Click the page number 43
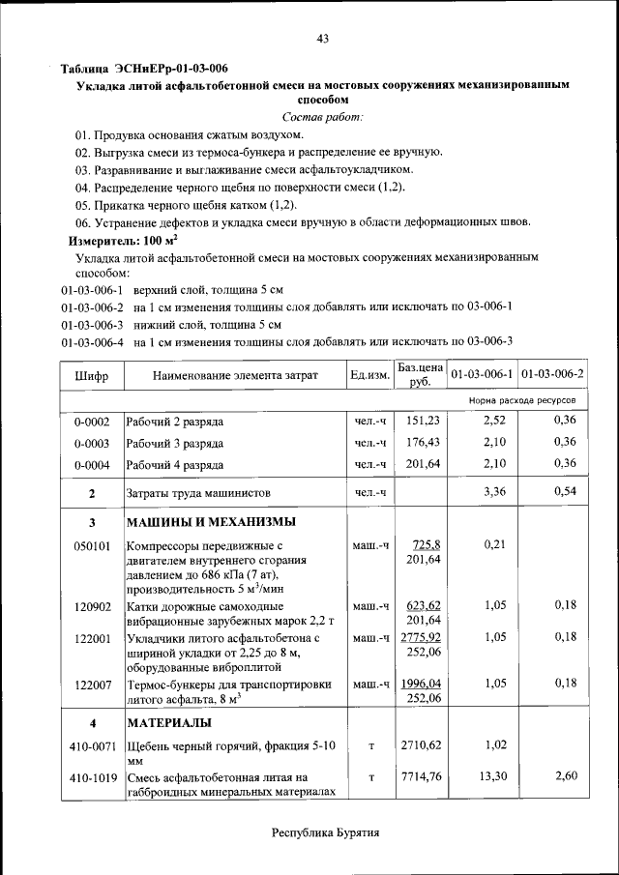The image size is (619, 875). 323,38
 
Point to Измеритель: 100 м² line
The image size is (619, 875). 123,238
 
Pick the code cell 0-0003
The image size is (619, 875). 91,444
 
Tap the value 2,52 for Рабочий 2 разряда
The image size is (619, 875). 494,421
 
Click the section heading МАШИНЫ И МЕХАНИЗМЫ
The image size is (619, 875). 211,523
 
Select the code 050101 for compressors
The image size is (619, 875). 91,546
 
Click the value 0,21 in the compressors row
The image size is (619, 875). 494,545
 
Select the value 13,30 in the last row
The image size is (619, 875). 493,775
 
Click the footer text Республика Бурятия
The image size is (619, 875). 324,831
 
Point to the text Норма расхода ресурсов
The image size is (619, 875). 523,399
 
